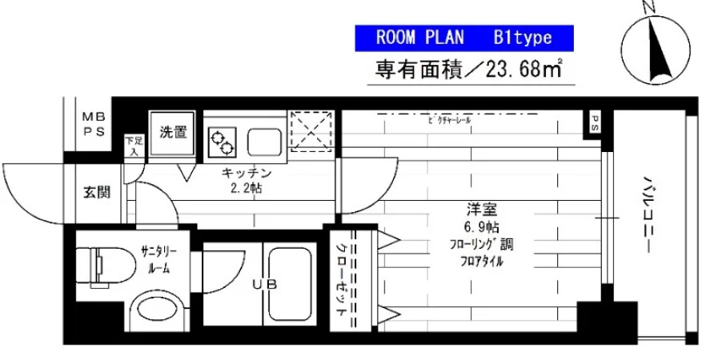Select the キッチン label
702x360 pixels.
247,174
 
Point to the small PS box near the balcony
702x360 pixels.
596,122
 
